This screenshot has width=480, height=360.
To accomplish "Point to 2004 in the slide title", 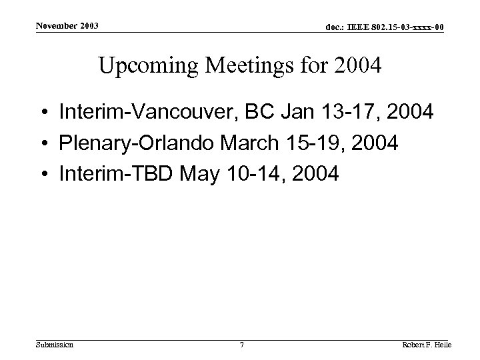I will pyautogui.click(x=358, y=66).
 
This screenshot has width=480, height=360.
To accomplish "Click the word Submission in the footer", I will pyautogui.click(x=55, y=345).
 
